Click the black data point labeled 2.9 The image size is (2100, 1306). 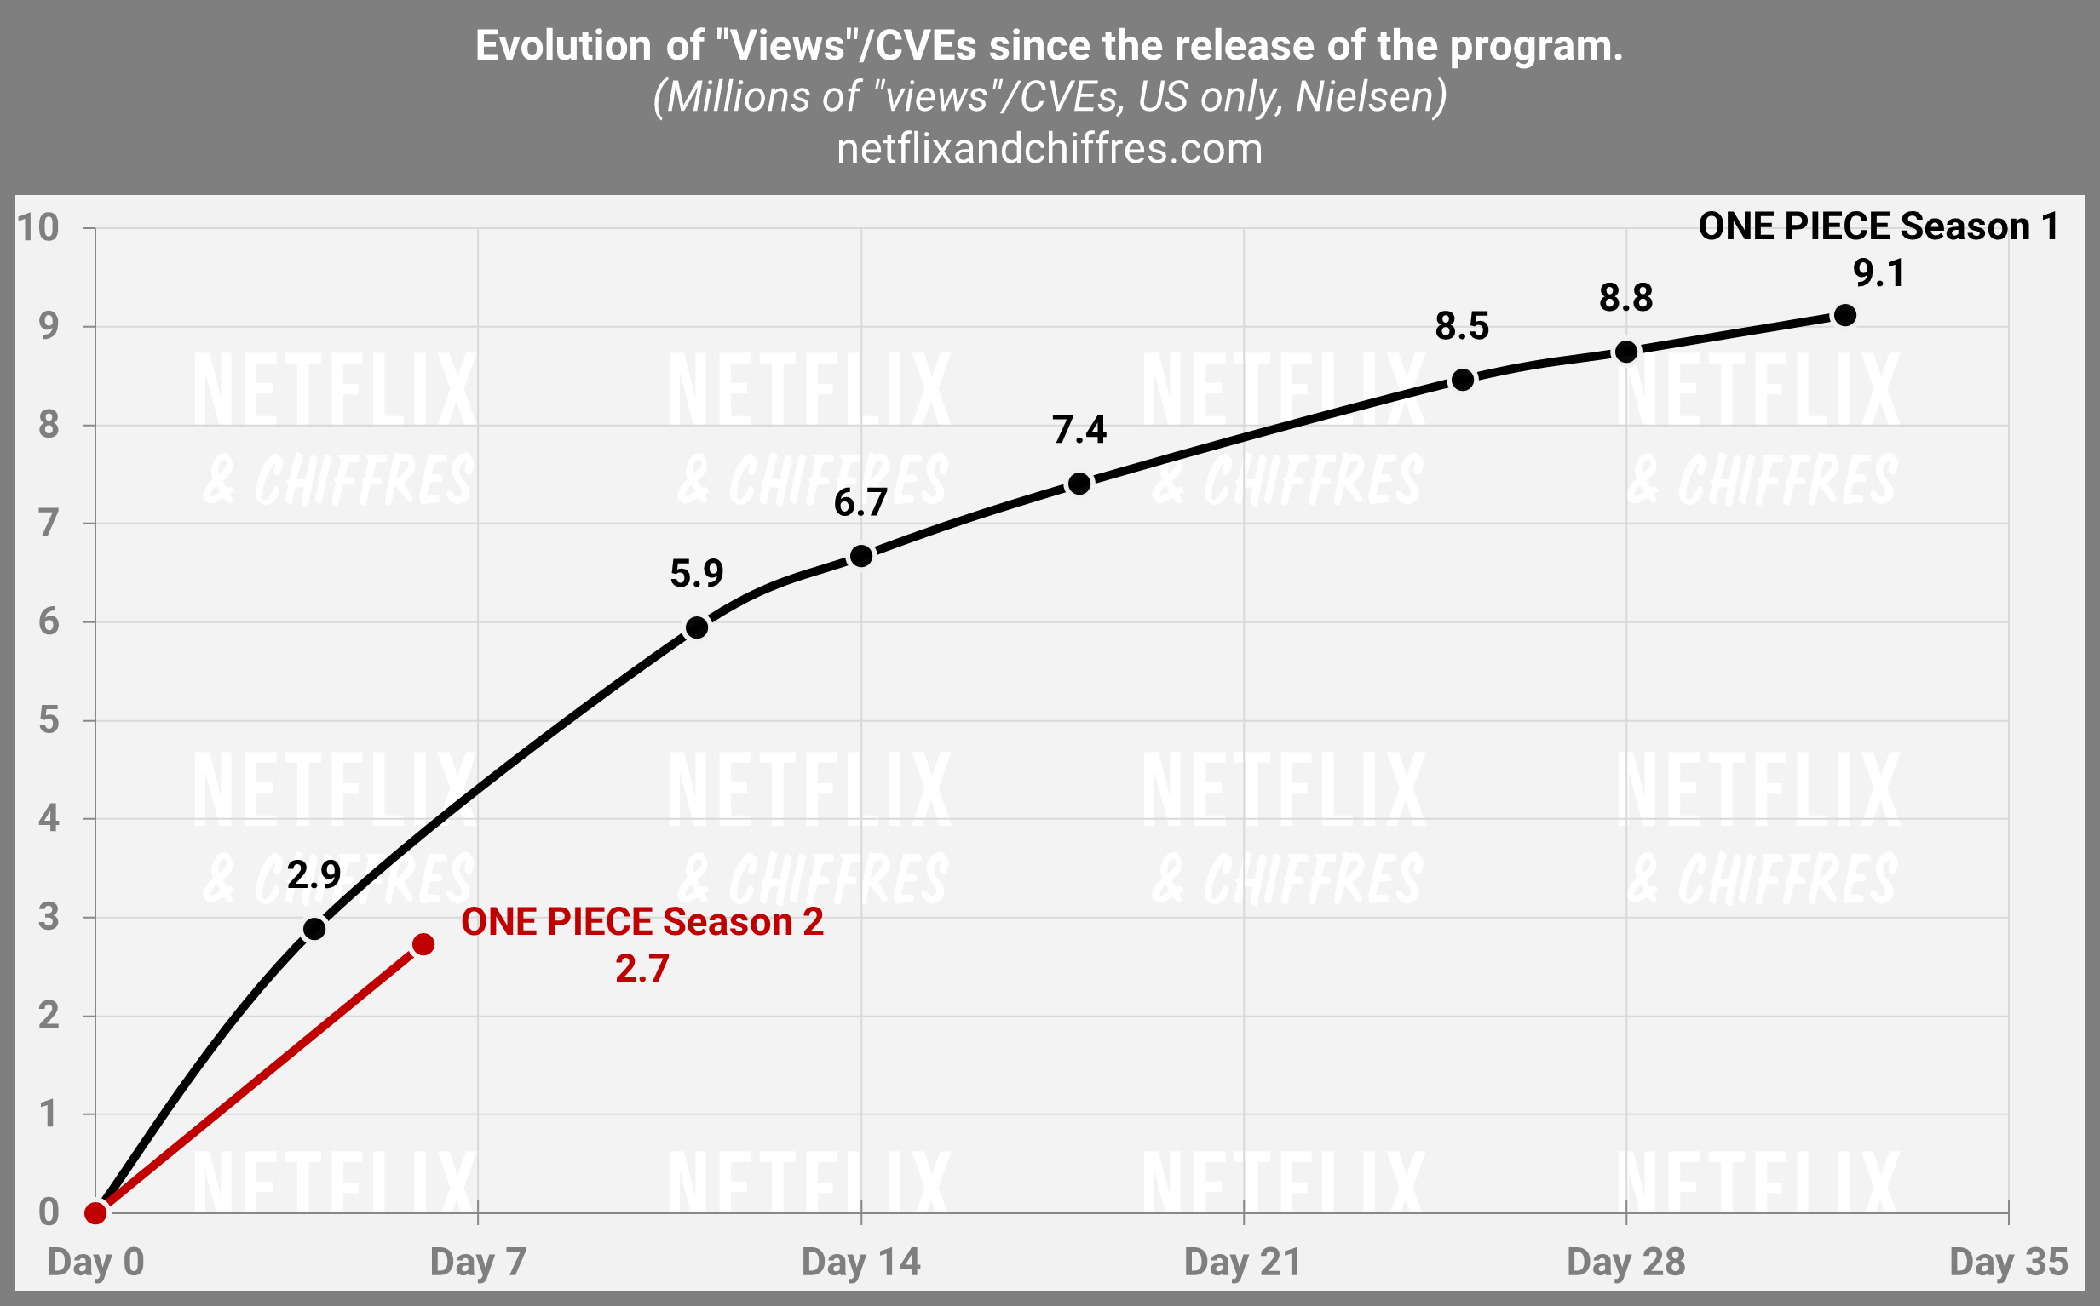coord(314,929)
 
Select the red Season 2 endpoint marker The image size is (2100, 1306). coord(423,944)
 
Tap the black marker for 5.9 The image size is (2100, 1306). coord(697,628)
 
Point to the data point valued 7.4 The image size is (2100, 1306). coord(1079,484)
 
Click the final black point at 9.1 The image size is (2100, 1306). coord(1845,315)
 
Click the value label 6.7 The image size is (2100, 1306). coord(860,502)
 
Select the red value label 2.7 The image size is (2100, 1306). coord(642,968)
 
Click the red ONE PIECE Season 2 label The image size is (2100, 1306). coord(642,923)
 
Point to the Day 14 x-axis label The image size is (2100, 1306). coord(860,1262)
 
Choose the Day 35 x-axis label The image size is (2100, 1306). coord(2008,1262)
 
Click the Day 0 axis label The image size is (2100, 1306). coord(96,1262)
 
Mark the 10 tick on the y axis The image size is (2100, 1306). coord(39,228)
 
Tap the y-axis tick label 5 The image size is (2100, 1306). coord(49,719)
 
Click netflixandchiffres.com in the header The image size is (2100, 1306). coord(1049,150)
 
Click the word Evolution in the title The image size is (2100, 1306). coord(563,46)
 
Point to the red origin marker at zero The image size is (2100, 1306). coord(96,1213)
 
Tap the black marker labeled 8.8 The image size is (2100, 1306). coord(1626,352)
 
